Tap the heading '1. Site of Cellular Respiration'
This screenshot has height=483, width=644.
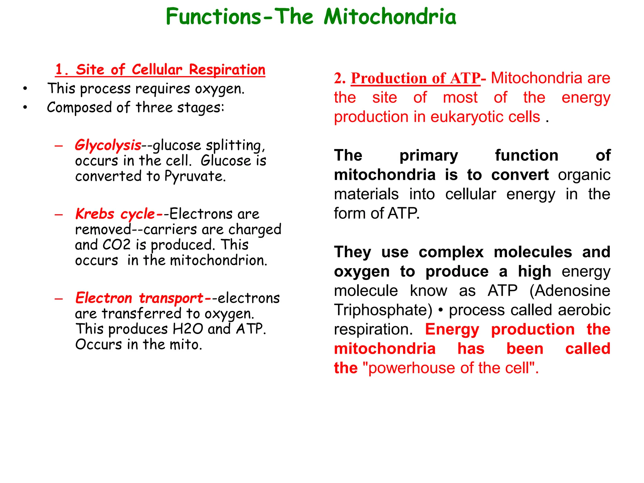click(160, 69)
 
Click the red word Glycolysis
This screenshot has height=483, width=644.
click(108, 145)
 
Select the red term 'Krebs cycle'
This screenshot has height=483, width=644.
click(115, 214)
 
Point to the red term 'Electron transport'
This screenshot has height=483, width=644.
click(139, 298)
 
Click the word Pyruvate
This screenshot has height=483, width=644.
click(195, 176)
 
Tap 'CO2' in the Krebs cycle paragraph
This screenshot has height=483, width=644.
click(116, 245)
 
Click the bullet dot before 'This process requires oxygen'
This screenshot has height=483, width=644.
click(25, 89)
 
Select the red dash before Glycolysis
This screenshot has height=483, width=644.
click(59, 146)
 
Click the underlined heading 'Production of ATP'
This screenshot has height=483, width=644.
click(415, 78)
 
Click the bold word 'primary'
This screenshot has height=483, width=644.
click(429, 155)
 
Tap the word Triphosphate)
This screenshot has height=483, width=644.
click(383, 310)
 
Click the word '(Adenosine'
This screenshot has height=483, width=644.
click(569, 291)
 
